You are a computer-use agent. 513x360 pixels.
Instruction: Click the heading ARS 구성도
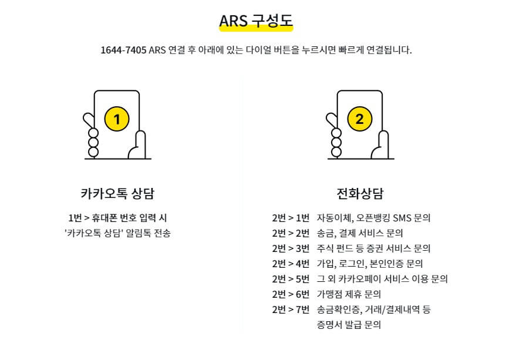(256, 21)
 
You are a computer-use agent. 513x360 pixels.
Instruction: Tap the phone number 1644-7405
(124, 50)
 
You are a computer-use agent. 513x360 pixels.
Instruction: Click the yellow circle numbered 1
(117, 120)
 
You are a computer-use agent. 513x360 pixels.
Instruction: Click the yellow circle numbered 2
(359, 120)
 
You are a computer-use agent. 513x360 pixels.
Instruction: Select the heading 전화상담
(360, 193)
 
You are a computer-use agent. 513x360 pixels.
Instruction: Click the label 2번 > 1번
(291, 218)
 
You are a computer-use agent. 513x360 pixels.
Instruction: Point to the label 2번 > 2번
(291, 233)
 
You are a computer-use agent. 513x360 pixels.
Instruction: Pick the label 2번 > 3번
(291, 248)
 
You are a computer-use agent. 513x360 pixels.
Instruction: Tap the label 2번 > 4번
(291, 264)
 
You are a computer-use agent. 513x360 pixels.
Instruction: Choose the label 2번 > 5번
(291, 279)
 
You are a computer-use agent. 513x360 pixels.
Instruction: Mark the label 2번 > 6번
(291, 294)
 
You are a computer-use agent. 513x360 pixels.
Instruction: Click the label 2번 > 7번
(291, 309)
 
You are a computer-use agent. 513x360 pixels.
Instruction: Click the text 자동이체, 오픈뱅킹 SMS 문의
(373, 218)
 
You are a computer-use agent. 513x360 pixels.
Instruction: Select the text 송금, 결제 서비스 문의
(360, 233)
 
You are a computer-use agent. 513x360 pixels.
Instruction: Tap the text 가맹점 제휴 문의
(349, 294)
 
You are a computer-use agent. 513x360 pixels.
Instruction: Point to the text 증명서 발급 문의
(349, 324)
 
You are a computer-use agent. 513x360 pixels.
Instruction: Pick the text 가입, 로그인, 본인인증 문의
(370, 264)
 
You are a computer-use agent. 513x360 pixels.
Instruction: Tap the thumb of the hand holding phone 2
(383, 144)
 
